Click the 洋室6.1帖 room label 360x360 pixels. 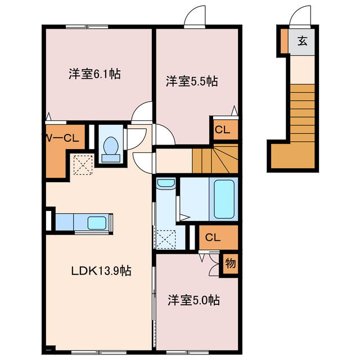[95, 74]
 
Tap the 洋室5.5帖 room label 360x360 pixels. [191, 82]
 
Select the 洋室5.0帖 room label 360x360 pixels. [193, 300]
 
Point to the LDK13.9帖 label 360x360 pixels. [101, 271]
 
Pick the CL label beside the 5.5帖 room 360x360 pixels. [223, 130]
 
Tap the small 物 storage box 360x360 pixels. [229, 262]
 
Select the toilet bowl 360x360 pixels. [111, 145]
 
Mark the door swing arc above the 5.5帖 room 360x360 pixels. [195, 16]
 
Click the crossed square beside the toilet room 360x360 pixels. [83, 165]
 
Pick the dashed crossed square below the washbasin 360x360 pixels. [166, 238]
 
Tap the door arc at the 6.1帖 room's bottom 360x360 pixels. [142, 110]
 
